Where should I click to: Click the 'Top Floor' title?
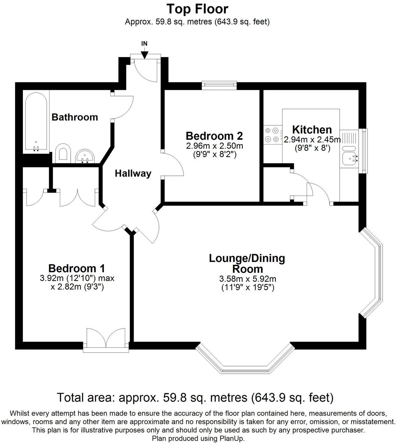197,9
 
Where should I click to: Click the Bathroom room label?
75,117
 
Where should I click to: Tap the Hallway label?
133,173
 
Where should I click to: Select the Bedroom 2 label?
214,136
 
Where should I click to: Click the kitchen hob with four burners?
272,134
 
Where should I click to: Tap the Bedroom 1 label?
77,269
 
